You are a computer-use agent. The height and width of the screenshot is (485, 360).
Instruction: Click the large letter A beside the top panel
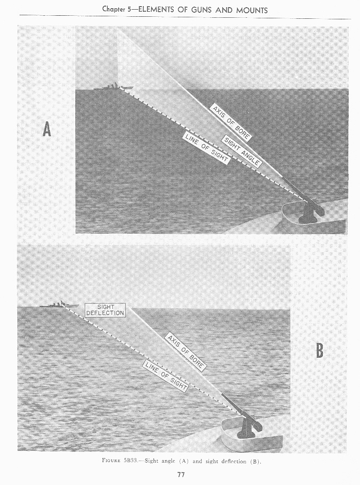coord(47,129)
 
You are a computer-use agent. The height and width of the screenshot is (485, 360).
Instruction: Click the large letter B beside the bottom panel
coord(319,351)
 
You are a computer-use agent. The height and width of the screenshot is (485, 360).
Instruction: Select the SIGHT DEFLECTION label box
coord(105,310)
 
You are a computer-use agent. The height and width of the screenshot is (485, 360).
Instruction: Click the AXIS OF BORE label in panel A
coord(231,123)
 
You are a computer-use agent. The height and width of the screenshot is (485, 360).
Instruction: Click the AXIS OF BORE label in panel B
coord(186,352)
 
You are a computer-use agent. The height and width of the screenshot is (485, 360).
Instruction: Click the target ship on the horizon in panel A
coord(113,87)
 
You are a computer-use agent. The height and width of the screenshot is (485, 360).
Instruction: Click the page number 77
coord(181,474)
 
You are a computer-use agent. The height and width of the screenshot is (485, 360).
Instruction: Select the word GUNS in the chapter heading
coord(201,10)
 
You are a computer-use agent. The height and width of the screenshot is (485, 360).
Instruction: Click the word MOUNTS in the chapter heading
coord(252,10)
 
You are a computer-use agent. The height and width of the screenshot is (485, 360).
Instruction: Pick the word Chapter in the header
coord(114,9)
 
